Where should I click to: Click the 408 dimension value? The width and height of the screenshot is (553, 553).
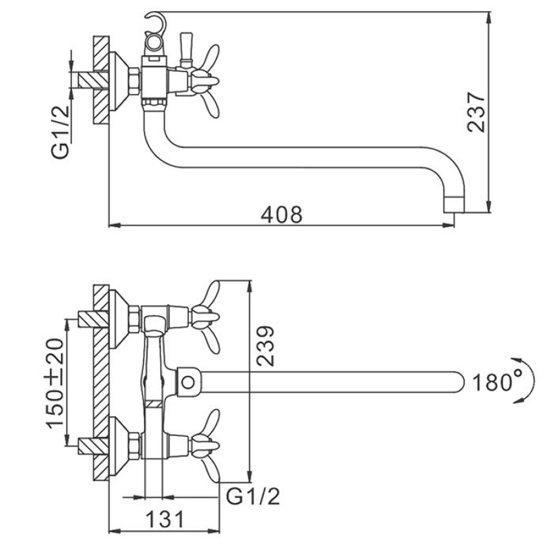click(x=281, y=214)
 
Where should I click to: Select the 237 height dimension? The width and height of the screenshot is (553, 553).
click(x=476, y=112)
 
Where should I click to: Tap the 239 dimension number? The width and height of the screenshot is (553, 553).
click(x=265, y=346)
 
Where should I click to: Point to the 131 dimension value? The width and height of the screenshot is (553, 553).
click(x=165, y=519)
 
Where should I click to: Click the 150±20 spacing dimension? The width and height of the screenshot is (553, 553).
click(x=55, y=384)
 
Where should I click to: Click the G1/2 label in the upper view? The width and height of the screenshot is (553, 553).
click(x=60, y=132)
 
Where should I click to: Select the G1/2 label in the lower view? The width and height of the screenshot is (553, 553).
click(x=253, y=496)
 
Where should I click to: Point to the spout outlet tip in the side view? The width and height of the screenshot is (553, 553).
click(x=454, y=205)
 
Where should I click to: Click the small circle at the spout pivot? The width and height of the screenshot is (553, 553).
click(x=188, y=382)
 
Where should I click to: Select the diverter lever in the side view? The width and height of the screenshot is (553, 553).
click(x=185, y=50)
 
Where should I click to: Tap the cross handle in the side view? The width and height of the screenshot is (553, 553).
click(x=205, y=81)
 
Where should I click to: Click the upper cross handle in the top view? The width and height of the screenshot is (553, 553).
click(x=205, y=317)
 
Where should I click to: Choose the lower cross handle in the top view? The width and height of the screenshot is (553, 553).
click(x=205, y=446)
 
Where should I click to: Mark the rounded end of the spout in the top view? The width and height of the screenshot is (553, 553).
click(x=458, y=382)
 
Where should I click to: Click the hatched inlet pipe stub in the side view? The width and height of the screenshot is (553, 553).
click(x=93, y=80)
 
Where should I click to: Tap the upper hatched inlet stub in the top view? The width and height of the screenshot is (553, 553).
click(x=93, y=319)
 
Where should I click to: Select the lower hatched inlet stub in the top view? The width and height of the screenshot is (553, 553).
click(x=93, y=446)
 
